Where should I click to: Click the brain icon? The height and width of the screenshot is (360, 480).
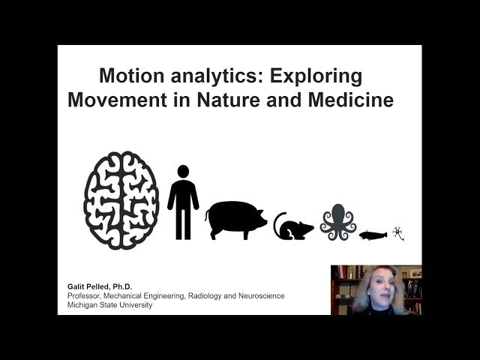point(121,200)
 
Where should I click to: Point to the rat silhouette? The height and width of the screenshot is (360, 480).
point(293,226)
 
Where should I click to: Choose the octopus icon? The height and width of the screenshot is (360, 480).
point(338,222)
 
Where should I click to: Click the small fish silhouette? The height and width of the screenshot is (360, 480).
point(375,235)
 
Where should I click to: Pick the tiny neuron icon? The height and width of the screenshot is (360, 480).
point(400,233)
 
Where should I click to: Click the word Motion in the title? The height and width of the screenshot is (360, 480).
point(130,76)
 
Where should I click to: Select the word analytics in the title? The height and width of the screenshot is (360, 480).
point(209,76)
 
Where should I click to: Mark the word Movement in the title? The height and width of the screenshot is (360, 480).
point(115,100)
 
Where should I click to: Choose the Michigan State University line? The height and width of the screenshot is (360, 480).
point(109,305)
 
